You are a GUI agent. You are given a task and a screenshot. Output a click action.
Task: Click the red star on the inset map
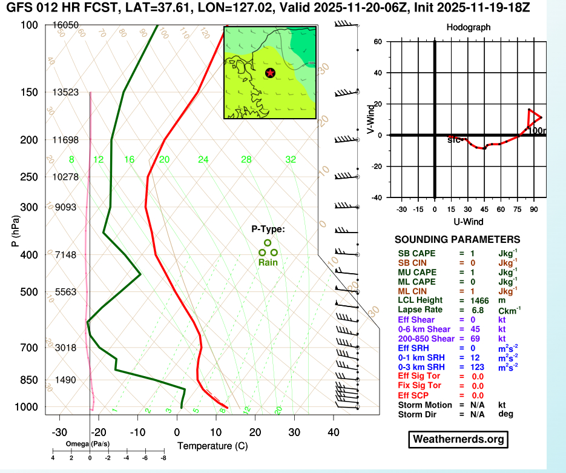[x=270, y=73]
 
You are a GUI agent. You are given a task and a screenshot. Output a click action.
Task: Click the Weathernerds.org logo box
[x=458, y=438]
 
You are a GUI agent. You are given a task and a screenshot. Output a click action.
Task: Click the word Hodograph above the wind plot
[x=468, y=27]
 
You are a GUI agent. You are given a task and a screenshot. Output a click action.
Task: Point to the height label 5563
[x=65, y=292]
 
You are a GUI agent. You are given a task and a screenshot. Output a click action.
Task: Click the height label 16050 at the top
[x=66, y=25]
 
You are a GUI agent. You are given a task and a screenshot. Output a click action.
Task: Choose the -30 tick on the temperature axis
[x=59, y=433]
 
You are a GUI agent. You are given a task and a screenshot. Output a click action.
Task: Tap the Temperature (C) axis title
[x=212, y=446]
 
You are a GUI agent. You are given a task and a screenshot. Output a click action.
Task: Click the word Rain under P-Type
[x=268, y=263]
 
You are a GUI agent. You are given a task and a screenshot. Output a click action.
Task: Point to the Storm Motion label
[x=425, y=405]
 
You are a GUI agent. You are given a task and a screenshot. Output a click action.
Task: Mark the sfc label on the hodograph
[x=453, y=140]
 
